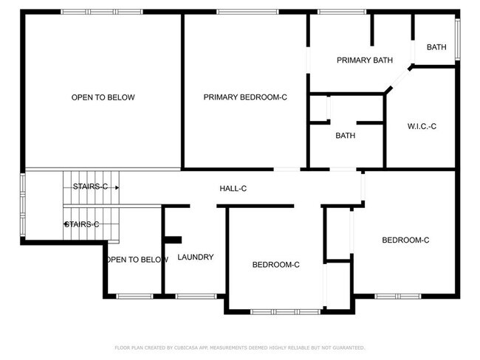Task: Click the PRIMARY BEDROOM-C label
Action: [245, 97]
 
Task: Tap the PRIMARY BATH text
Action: [364, 60]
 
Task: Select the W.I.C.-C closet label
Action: [422, 126]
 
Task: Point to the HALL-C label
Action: [233, 189]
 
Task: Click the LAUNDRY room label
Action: [196, 257]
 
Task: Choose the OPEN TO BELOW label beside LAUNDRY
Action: [137, 260]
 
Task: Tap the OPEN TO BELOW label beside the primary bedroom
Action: [103, 97]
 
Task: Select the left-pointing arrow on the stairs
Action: [67, 224]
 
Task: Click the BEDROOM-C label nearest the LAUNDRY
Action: [275, 265]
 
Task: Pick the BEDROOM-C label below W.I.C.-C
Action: [405, 240]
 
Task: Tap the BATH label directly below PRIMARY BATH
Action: [345, 136]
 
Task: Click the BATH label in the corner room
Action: [436, 47]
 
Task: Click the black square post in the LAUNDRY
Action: [173, 239]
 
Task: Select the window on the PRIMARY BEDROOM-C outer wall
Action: [247, 12]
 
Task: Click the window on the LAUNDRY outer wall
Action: [195, 297]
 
